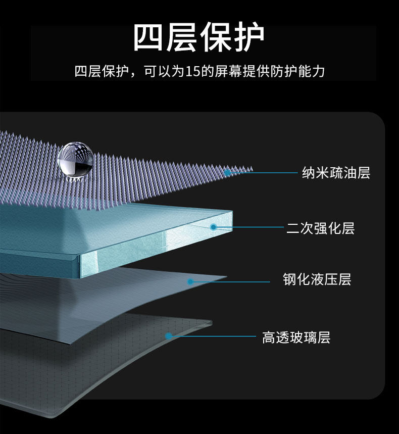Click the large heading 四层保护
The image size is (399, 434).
point(199,38)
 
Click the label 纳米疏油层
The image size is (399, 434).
point(336,173)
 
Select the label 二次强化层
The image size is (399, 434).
point(320,228)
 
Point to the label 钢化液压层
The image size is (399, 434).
point(317,279)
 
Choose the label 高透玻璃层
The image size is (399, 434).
point(296,337)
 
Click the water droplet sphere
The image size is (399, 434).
point(75,160)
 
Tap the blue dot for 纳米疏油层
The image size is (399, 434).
point(228,173)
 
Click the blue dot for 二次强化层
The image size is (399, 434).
point(214,227)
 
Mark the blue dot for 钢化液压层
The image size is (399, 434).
point(190,281)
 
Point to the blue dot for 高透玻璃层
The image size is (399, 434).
point(169,335)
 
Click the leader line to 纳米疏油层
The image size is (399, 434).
point(263,173)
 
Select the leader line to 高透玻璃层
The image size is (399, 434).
point(212,336)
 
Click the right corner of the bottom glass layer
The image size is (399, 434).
point(211,322)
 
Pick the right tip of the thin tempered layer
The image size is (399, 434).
point(226,276)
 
